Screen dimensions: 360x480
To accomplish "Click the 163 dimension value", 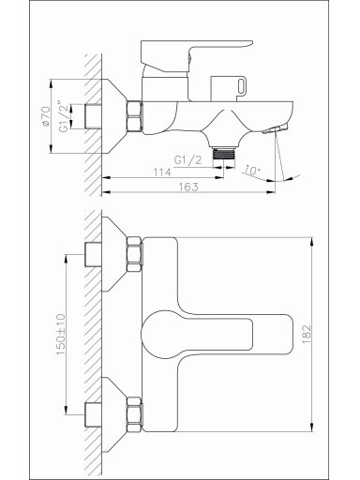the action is pyautogui.click(x=188, y=187).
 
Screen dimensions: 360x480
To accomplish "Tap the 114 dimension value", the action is pyautogui.click(x=162, y=172).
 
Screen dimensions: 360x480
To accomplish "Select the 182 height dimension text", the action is pyautogui.click(x=307, y=335).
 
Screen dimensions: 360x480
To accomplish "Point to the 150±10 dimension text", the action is pyautogui.click(x=61, y=335).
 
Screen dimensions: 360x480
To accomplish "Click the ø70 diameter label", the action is pyautogui.click(x=46, y=116).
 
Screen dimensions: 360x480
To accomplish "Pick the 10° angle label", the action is pyautogui.click(x=252, y=171).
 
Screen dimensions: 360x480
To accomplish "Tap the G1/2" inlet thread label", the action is pyautogui.click(x=63, y=116).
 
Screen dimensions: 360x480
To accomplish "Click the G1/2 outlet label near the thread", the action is pyautogui.click(x=187, y=160).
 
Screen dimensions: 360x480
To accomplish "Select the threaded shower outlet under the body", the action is pyautogui.click(x=223, y=153).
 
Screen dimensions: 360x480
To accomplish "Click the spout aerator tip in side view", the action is pyautogui.click(x=275, y=128).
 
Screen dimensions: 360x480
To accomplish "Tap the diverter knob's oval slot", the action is pyautogui.click(x=242, y=86).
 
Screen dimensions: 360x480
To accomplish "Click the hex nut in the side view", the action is pyautogui.click(x=134, y=115).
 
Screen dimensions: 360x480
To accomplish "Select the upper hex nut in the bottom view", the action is pyautogui.click(x=134, y=254).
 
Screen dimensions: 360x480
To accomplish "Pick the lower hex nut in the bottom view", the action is pyautogui.click(x=134, y=414).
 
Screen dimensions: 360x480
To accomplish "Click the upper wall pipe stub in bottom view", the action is pyautogui.click(x=93, y=254).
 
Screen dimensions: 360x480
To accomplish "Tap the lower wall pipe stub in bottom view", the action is pyautogui.click(x=93, y=415).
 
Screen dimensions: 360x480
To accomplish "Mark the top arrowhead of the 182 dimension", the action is pyautogui.click(x=311, y=242).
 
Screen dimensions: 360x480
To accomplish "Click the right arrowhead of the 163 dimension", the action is pyautogui.click(x=271, y=192).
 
